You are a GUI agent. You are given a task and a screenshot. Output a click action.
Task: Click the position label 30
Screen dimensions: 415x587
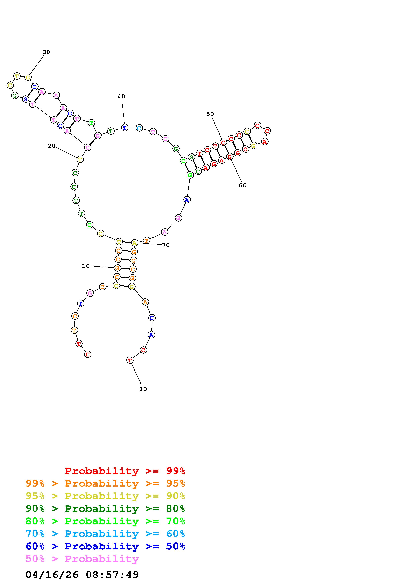[46, 52]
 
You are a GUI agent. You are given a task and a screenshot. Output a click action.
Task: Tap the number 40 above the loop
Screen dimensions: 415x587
[121, 96]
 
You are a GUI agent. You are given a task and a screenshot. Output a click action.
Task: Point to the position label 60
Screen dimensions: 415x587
[243, 185]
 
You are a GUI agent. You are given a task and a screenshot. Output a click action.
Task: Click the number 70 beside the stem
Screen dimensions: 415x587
[166, 245]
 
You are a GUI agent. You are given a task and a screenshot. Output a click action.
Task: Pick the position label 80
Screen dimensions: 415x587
[143, 389]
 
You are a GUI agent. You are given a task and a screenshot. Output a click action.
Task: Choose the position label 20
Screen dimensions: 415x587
[51, 146]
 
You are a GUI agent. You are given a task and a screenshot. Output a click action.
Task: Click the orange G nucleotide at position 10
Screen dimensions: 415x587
[117, 268]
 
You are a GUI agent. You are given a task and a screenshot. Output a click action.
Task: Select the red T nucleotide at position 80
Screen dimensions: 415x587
[130, 360]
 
